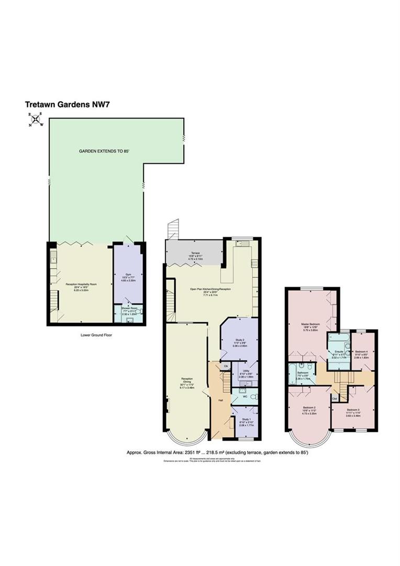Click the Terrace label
[x=195, y=253]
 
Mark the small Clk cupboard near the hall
[x=226, y=365]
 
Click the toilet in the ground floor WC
[x=253, y=397]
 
